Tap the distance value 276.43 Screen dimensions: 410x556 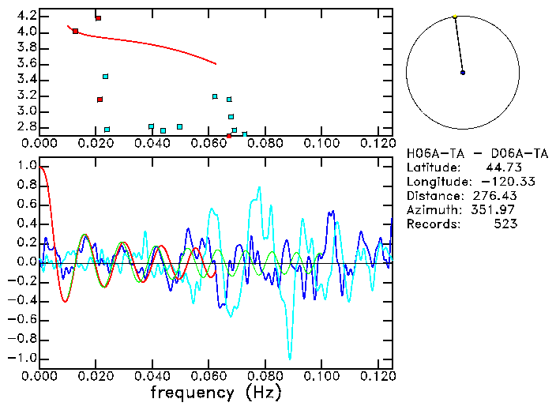click(x=497, y=195)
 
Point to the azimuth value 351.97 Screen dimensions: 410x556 click(x=497, y=209)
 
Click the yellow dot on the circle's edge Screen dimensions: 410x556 click(x=455, y=17)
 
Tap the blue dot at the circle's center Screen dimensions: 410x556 click(x=463, y=73)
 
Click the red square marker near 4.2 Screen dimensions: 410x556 click(x=98, y=18)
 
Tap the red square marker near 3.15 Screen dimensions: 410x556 click(x=100, y=100)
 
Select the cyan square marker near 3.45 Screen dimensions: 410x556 click(x=105, y=77)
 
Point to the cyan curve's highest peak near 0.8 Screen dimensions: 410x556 click(x=258, y=188)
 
